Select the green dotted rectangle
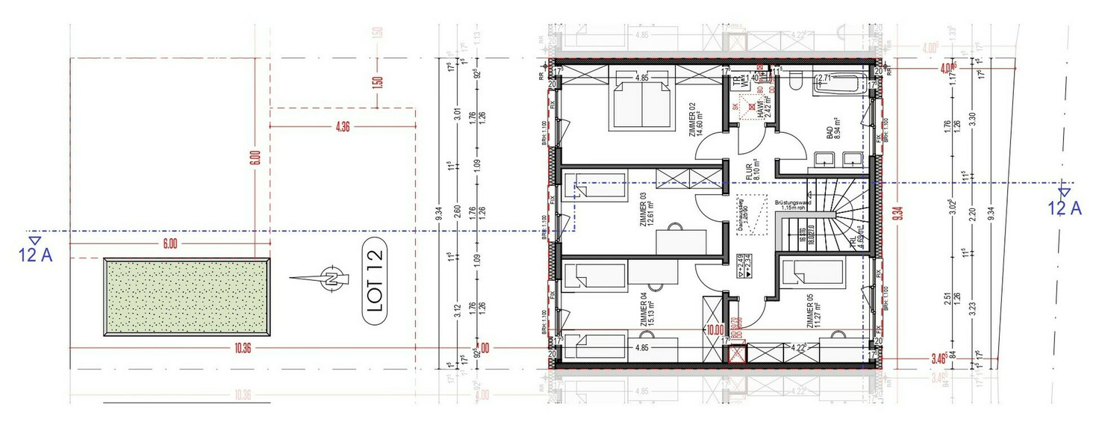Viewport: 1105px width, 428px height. [187, 296]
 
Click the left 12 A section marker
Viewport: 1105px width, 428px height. [35, 250]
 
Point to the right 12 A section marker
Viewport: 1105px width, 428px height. [1065, 202]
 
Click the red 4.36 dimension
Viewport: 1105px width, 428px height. [343, 127]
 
